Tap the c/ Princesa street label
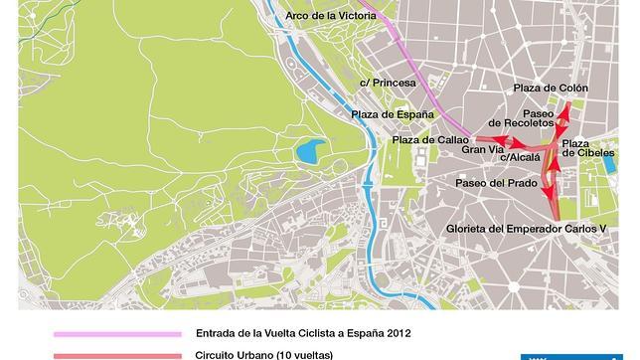coord(388,83)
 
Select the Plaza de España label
coord(393,114)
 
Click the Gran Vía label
coord(481,150)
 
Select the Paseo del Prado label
coord(496,183)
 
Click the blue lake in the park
coord(309,152)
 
